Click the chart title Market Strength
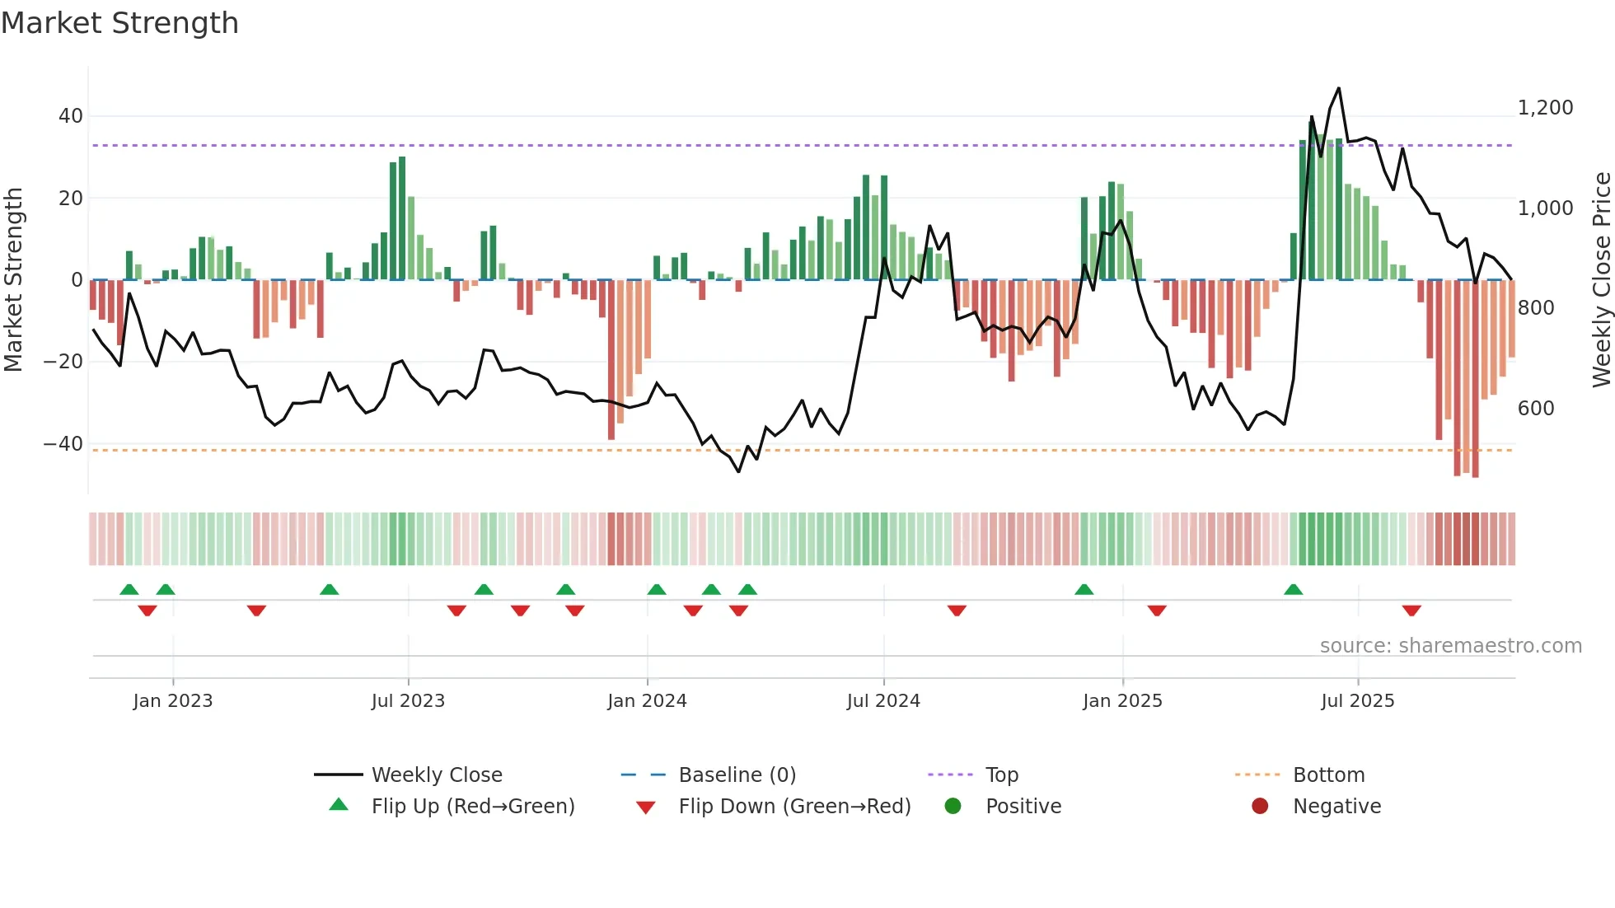coord(119,23)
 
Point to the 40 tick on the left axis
coord(71,116)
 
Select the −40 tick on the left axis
coord(63,444)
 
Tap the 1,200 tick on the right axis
coord(1545,108)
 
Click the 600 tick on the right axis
coord(1535,409)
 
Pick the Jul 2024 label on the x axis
coord(883,701)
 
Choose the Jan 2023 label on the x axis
coord(173,701)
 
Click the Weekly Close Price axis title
coord(1601,280)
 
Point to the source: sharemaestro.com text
coord(1450,646)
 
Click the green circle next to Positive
coord(953,807)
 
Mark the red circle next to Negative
coord(1260,807)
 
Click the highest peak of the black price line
coord(1338,88)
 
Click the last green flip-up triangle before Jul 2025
coord(1293,590)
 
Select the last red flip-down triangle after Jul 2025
coord(1411,611)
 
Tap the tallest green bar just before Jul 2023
coord(402,218)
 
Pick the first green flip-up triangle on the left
coord(129,590)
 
